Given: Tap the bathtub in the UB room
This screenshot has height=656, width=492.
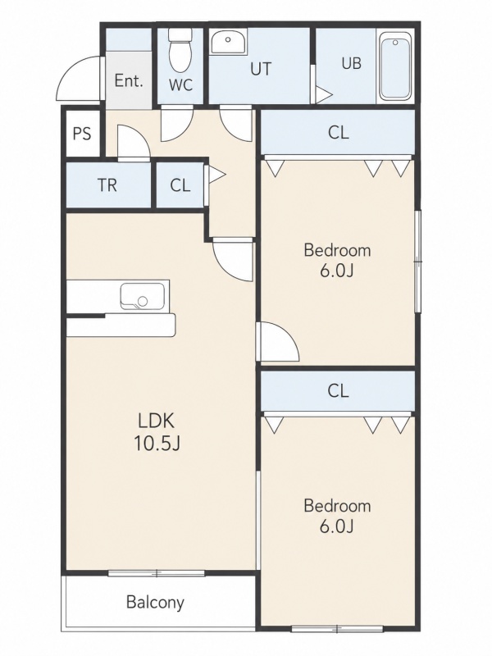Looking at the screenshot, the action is (394, 67).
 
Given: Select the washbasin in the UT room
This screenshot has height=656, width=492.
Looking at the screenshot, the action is (228, 41).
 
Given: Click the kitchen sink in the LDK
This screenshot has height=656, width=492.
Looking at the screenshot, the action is (142, 297).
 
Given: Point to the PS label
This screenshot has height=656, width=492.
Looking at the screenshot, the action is (82, 134).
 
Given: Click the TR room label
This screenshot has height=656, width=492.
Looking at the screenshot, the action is (107, 185).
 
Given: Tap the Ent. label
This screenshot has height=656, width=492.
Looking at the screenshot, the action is (129, 80).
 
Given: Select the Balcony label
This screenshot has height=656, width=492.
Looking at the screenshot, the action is (155, 603).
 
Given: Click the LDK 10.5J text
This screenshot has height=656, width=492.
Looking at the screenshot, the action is (157, 432).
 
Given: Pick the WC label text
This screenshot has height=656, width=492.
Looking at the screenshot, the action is (180, 85).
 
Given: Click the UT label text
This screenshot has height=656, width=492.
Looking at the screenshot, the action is (261, 69).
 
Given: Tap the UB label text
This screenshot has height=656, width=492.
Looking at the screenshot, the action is (352, 63).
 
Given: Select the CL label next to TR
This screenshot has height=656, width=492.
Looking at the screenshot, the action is (180, 185).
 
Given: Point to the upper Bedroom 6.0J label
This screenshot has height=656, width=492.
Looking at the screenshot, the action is (337, 260).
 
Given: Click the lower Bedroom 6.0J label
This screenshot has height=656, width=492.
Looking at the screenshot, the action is (337, 516).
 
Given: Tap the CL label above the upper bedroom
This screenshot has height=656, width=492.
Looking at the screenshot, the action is (339, 132).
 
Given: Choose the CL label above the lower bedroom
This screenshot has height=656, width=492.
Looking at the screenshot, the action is (339, 391).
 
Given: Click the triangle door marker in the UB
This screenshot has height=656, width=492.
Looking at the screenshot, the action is (323, 94).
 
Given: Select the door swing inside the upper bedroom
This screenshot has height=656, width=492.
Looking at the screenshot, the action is (278, 341).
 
